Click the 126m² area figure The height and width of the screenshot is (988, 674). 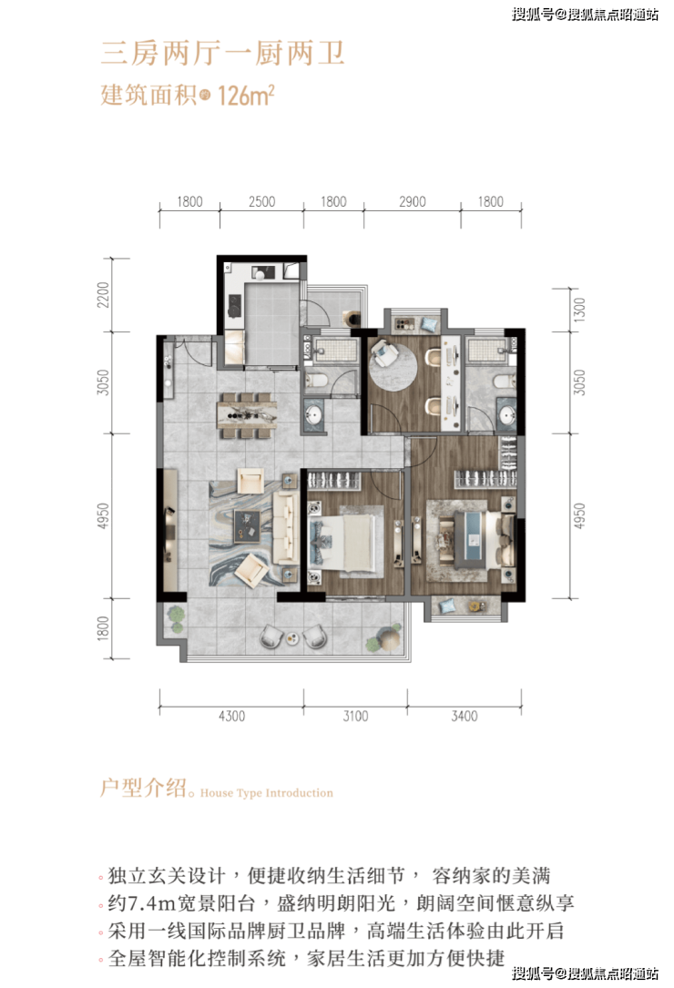pos(246,95)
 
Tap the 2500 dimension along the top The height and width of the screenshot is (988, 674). pos(261,201)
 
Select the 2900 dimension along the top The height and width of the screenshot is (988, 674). pos(413,201)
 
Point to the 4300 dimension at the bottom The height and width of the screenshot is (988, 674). pos(231,716)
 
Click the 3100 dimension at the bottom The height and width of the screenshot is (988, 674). pos(355,716)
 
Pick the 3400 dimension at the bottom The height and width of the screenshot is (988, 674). pos(464,716)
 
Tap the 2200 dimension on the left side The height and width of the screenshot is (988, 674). pos(103,295)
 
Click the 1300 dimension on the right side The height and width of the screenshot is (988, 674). pos(579,310)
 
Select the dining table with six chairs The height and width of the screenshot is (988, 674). pos(247,415)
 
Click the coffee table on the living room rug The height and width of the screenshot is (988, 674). pos(247,525)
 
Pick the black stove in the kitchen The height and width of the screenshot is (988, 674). pos(235,307)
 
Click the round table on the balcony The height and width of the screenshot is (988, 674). pos(292,637)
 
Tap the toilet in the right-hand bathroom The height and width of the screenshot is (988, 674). pos(503,382)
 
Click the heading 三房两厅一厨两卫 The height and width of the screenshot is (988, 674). pos(223,53)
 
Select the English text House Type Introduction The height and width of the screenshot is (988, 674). pos(267,793)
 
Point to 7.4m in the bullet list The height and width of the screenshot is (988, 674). pos(150,903)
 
